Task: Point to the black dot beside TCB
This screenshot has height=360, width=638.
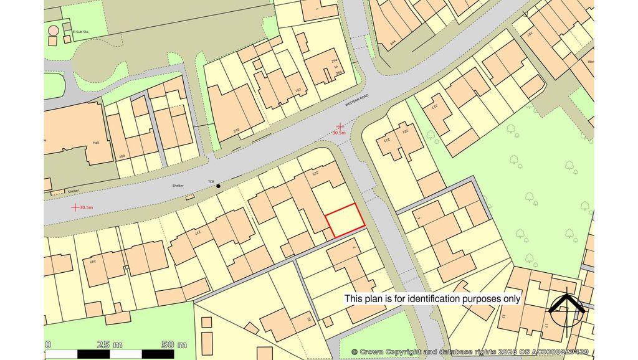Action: [x=218, y=186]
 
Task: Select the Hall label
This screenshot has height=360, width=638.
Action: [x=96, y=142]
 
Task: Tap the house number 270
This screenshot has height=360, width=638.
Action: [x=236, y=131]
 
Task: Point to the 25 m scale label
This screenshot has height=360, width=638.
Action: [x=110, y=344]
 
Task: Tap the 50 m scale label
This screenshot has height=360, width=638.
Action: [x=174, y=344]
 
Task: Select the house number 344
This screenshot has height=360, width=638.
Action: [x=393, y=44]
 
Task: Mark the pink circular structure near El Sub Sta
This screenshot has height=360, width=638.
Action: [x=54, y=30]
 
